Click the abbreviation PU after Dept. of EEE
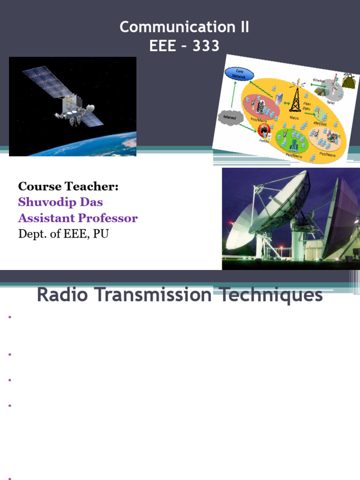pyautogui.click(x=101, y=233)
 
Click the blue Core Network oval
pyautogui.click(x=240, y=74)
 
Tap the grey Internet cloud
pyautogui.click(x=229, y=117)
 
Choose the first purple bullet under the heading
pyautogui.click(x=9, y=317)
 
